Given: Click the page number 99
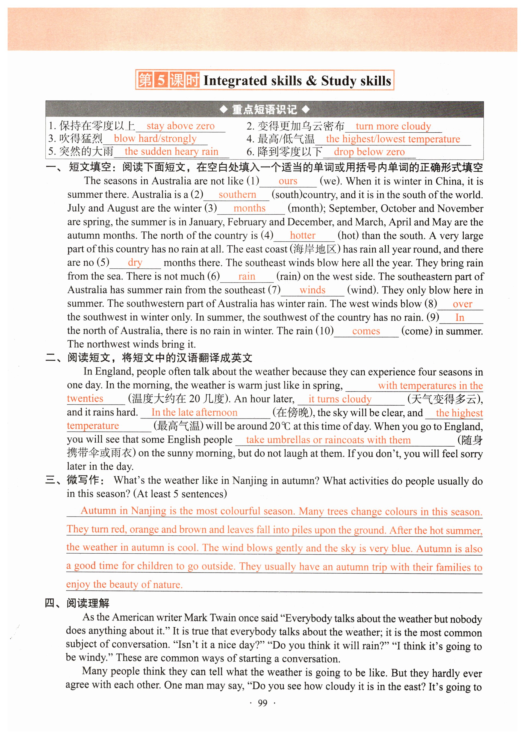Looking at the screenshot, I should click(x=262, y=704).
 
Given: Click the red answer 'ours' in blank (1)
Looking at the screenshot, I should click(x=288, y=181).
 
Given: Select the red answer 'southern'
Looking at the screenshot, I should click(x=237, y=195).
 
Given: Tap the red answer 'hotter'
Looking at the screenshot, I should click(x=303, y=235).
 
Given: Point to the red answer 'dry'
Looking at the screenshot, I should click(x=135, y=262).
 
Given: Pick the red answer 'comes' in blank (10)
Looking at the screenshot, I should click(x=366, y=331).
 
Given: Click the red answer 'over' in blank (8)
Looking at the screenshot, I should click(x=462, y=304).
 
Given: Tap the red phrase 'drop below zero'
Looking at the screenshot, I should click(x=369, y=152).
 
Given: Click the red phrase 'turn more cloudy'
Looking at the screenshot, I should click(x=393, y=126).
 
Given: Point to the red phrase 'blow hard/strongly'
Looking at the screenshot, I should click(x=155, y=139).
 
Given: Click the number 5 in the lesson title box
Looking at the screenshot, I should click(x=161, y=80).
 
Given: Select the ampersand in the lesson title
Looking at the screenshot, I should click(x=311, y=81).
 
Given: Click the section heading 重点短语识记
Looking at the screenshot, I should click(x=264, y=109).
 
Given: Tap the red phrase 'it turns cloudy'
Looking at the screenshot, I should click(x=340, y=399).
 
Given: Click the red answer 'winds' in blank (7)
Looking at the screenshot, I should click(x=312, y=290).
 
